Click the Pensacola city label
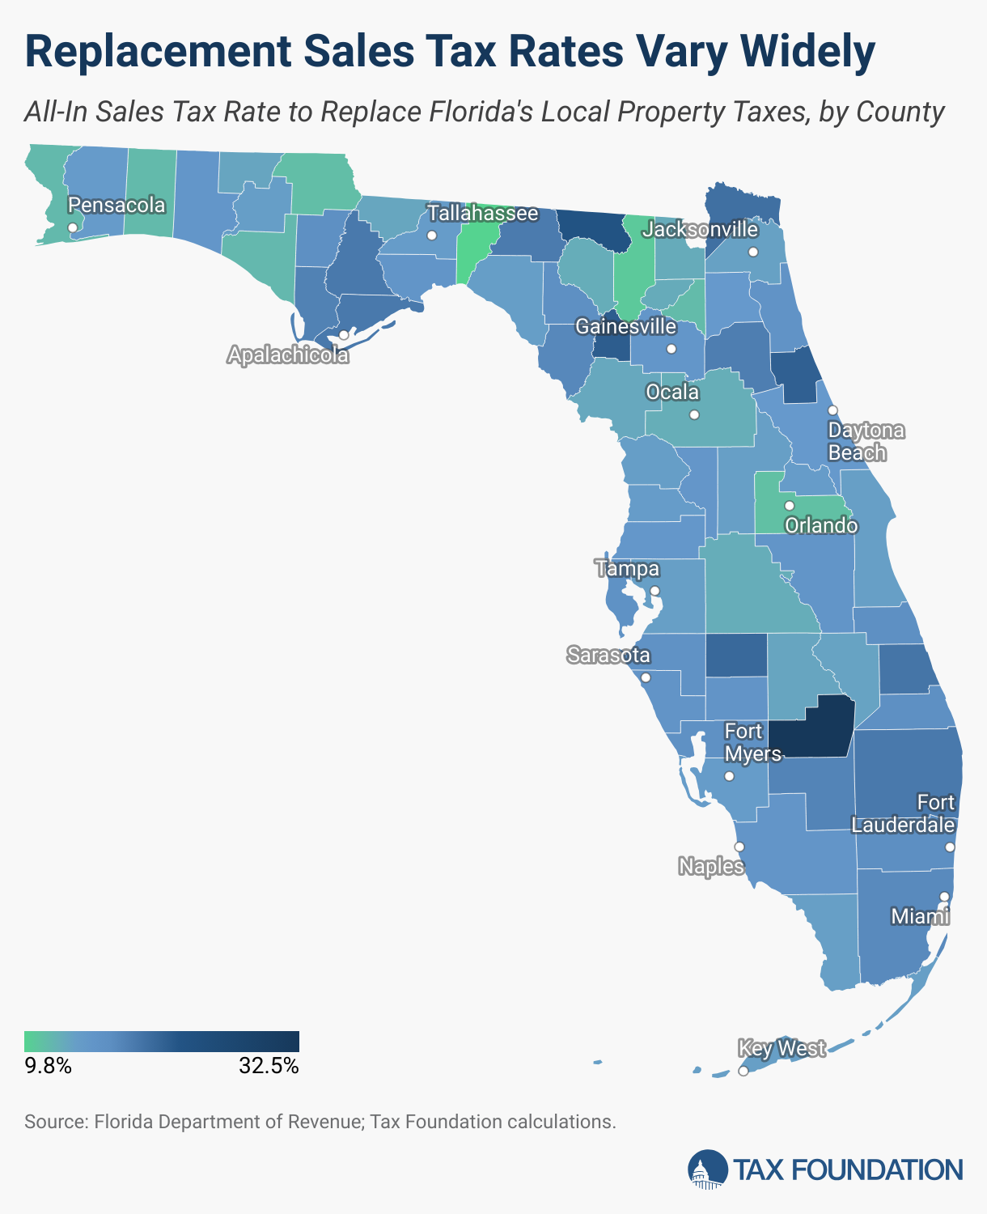[x=116, y=205]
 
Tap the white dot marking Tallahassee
[x=432, y=236]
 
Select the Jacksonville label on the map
[x=701, y=230]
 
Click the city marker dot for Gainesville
[x=671, y=349]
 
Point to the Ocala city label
[x=672, y=393]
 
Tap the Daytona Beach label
[x=866, y=441]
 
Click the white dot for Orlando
[x=790, y=505]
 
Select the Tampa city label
[x=628, y=569]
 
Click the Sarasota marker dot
[x=645, y=677]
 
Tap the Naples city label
[x=711, y=867]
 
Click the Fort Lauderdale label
[x=903, y=813]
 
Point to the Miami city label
[x=920, y=916]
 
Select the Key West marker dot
[x=743, y=1072]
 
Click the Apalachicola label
[x=288, y=355]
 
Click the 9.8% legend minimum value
[x=49, y=1066]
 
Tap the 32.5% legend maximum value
[x=269, y=1066]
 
